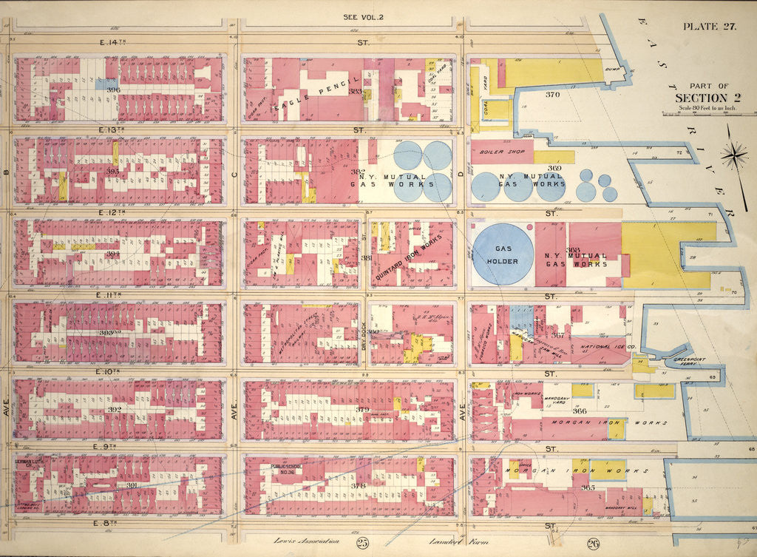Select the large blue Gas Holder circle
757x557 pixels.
coord(503,254)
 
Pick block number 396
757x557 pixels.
coord(113,90)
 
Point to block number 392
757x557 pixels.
coord(115,409)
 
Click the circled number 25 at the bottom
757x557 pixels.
coord(361,545)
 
